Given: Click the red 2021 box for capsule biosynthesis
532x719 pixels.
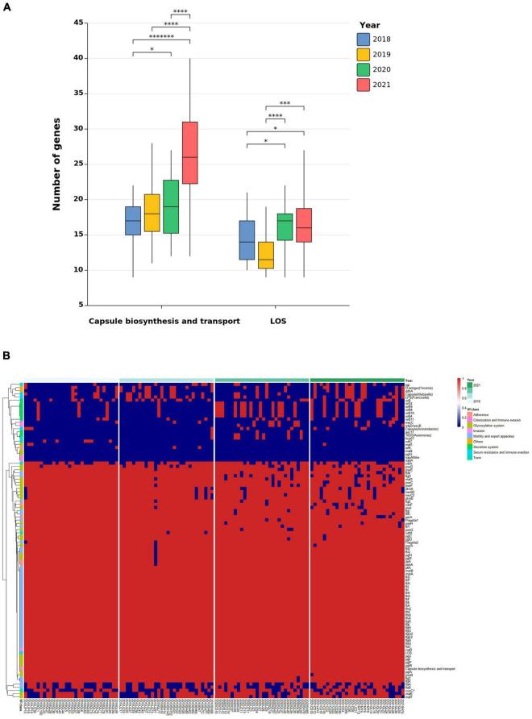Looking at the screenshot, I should point(190,152).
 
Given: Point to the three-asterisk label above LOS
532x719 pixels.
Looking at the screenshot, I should point(285,103).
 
